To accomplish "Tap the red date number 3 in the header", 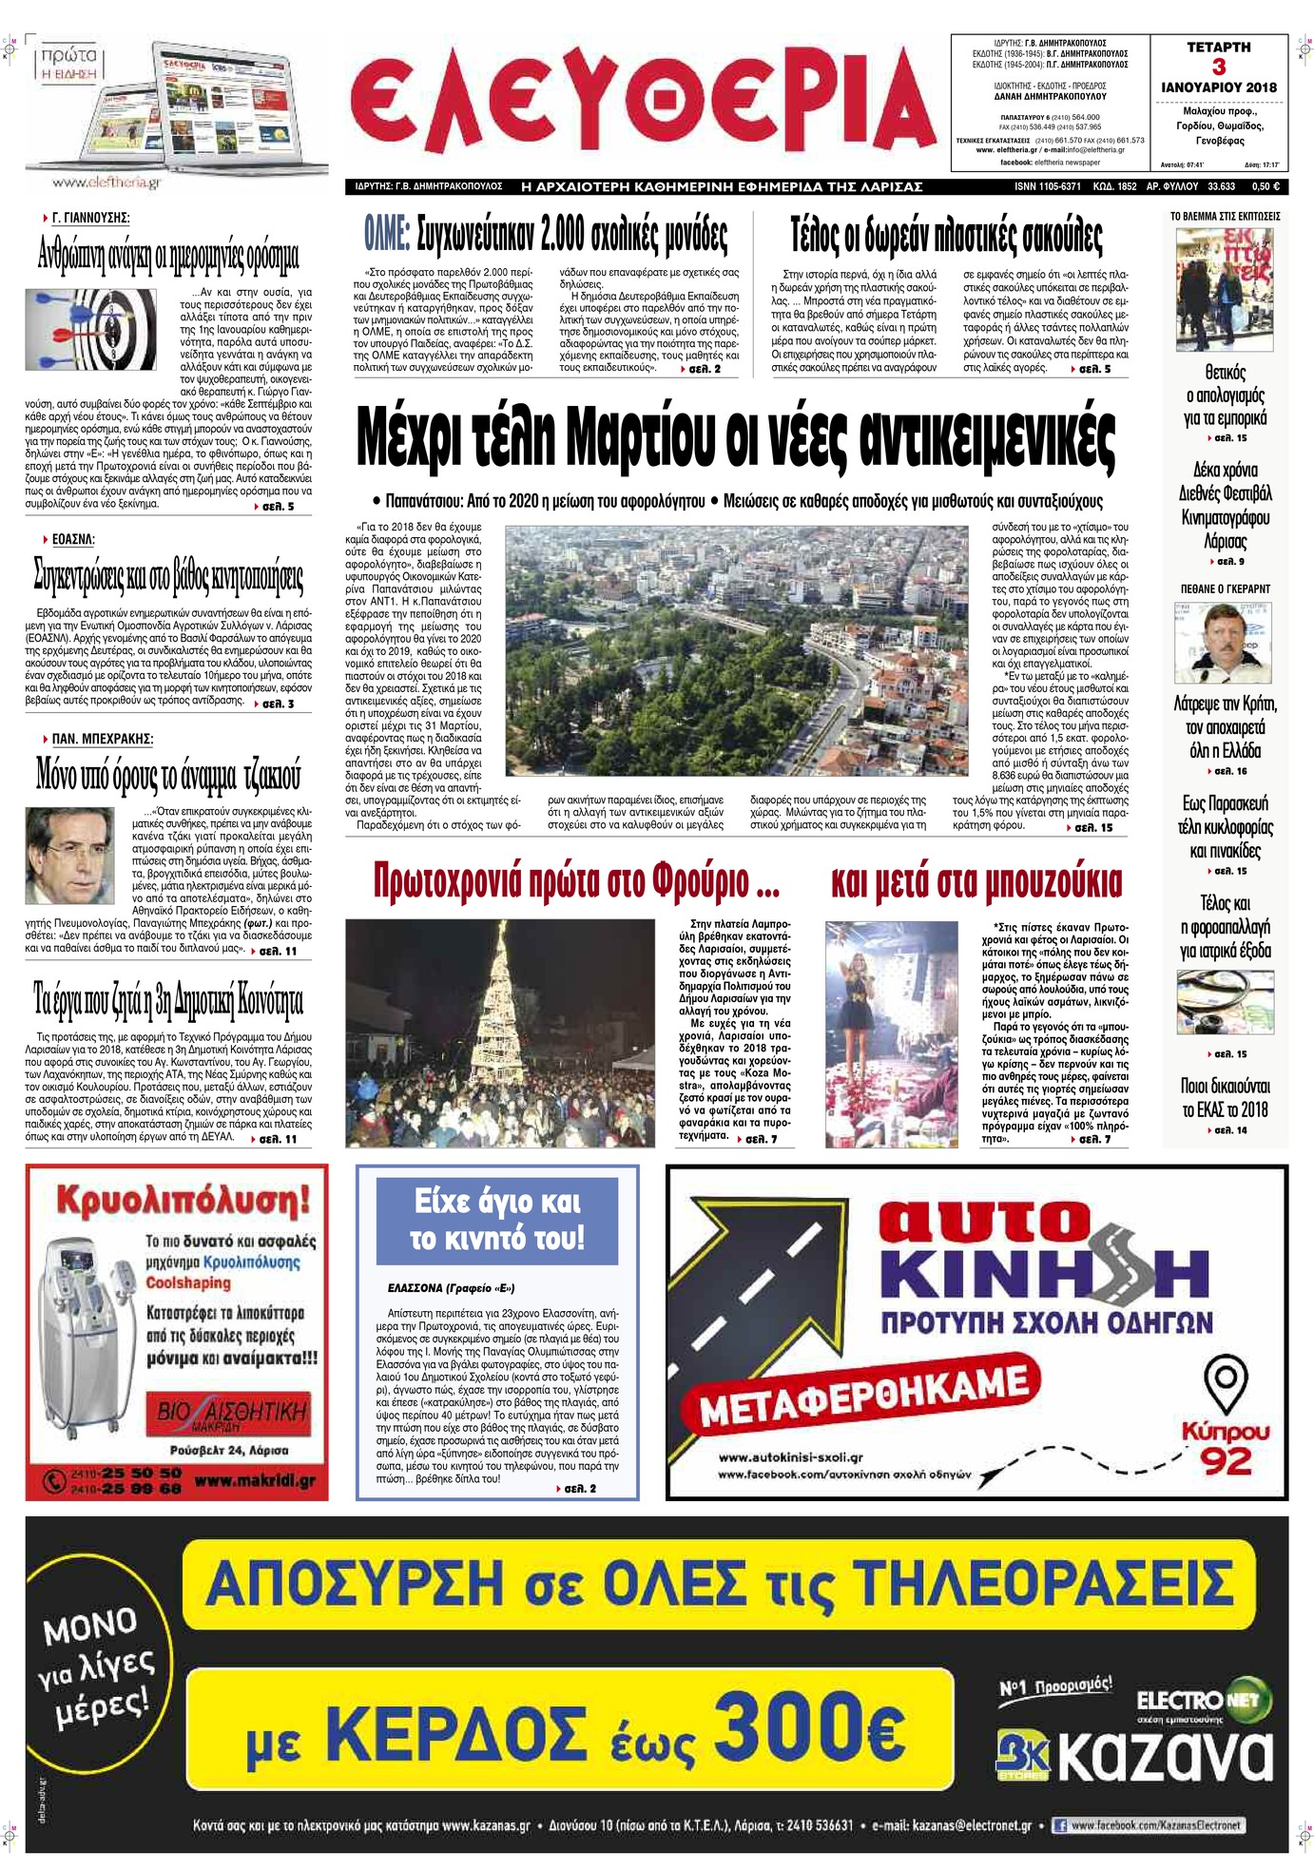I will pyautogui.click(x=1218, y=67).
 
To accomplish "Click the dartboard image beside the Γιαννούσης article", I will pyautogui.click(x=93, y=329).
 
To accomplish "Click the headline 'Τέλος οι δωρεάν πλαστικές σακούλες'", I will pyautogui.click(x=945, y=235).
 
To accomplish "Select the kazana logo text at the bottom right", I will pyautogui.click(x=1165, y=1757).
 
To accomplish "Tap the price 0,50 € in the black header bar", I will pyautogui.click(x=1265, y=187).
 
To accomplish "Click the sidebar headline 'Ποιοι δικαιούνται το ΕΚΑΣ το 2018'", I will pyautogui.click(x=1225, y=1098).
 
